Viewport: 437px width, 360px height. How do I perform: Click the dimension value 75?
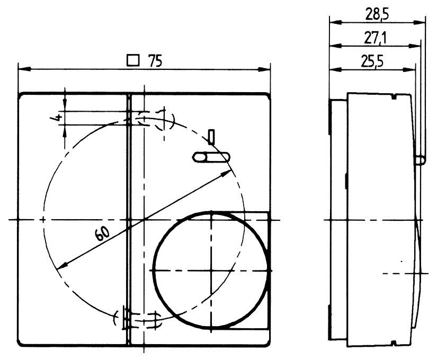tap(155, 61)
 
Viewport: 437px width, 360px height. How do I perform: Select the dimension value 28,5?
tap(377, 14)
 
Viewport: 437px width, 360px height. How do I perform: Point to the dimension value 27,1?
tap(375, 38)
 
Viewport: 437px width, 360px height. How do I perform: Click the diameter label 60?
tap(104, 233)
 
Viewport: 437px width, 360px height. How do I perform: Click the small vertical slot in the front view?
tap(211, 137)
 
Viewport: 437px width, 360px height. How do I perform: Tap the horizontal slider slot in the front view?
tap(210, 157)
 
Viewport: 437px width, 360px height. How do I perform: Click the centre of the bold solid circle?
tap(211, 270)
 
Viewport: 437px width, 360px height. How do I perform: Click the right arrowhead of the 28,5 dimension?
tap(423, 22)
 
